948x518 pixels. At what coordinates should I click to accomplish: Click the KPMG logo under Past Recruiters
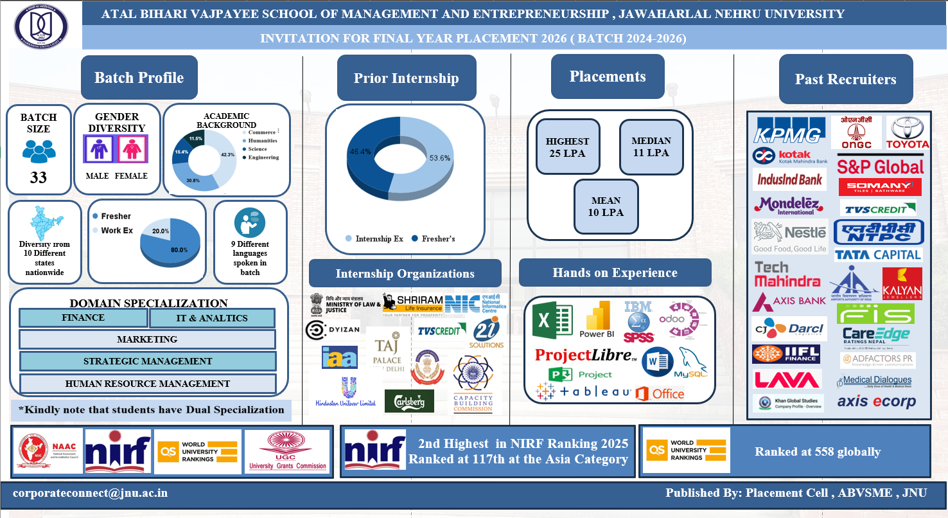pyautogui.click(x=789, y=130)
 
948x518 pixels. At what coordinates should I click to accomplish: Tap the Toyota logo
pyautogui.click(x=908, y=133)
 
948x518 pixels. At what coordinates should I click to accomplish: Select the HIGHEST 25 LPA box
pyautogui.click(x=567, y=147)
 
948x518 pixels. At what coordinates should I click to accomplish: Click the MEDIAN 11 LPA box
pyautogui.click(x=651, y=147)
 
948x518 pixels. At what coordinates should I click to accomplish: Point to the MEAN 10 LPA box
pyautogui.click(x=606, y=206)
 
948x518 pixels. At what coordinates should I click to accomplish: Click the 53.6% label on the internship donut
pyautogui.click(x=439, y=157)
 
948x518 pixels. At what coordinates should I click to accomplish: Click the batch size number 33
pyautogui.click(x=39, y=177)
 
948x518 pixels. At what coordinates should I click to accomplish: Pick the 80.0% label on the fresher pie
pyautogui.click(x=179, y=249)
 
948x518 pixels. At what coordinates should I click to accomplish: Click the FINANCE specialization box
pyautogui.click(x=83, y=317)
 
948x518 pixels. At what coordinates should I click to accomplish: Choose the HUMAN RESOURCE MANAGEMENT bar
pyautogui.click(x=147, y=384)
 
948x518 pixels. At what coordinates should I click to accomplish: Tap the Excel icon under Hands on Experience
pyautogui.click(x=552, y=319)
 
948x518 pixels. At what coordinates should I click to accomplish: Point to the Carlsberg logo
pyautogui.click(x=409, y=401)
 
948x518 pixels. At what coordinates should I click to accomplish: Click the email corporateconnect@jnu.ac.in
pyautogui.click(x=90, y=493)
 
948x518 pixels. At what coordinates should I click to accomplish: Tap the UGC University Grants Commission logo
pyautogui.click(x=287, y=451)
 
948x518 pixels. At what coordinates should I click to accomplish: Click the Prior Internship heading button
pyautogui.click(x=406, y=78)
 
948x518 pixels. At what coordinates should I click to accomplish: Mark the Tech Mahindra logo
pyautogui.click(x=787, y=274)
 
